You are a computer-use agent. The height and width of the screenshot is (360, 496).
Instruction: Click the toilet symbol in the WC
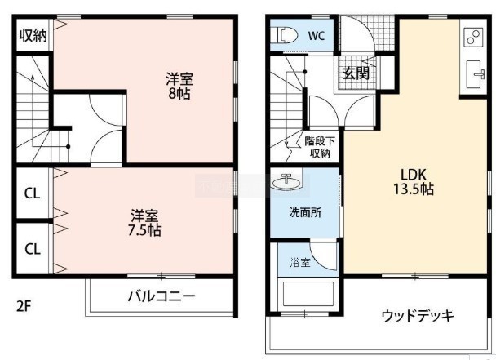pos(286,35)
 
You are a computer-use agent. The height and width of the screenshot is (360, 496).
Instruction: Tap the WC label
pos(317,35)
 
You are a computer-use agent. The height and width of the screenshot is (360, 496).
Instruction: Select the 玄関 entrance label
pos(356,73)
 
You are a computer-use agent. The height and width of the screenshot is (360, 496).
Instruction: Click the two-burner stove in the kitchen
pos(473,37)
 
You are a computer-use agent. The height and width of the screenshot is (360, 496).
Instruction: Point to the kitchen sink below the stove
pos(476,75)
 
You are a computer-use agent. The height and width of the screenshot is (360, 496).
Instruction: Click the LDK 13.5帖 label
pos(414,182)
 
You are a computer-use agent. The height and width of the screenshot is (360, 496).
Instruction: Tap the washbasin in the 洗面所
pos(286,183)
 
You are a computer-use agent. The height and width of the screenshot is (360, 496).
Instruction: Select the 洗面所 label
pos(305,212)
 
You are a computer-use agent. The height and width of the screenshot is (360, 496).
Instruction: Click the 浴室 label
pos(300,262)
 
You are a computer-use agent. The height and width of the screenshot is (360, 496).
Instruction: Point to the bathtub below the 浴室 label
pos(308,294)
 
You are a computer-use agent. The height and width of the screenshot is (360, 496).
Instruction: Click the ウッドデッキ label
pos(418,316)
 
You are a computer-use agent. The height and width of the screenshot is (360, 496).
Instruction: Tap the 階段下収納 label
pos(320,147)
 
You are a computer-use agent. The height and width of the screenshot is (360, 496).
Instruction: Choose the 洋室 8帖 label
pos(179,86)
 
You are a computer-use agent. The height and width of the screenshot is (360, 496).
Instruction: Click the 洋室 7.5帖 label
pos(144,223)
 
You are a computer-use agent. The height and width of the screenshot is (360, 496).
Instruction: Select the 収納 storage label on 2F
pos(33,35)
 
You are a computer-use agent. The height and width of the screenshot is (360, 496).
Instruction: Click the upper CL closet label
pos(33,193)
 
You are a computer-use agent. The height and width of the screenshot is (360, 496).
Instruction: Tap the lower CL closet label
pos(33,249)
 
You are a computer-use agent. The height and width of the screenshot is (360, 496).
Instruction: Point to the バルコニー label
pos(162,296)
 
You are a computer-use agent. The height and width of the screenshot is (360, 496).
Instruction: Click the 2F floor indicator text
pos(24,306)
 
